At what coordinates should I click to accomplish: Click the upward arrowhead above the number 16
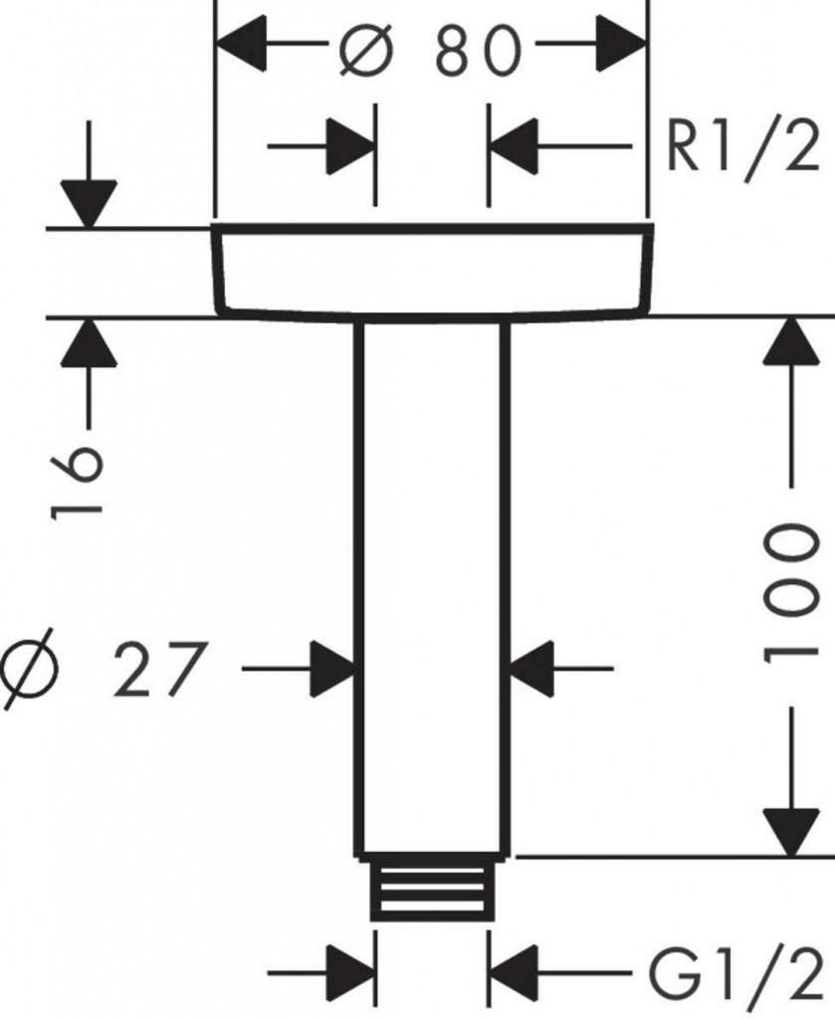[x=89, y=343]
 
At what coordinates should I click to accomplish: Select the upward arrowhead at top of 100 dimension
[x=792, y=343]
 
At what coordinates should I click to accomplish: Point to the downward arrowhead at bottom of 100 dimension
[x=792, y=831]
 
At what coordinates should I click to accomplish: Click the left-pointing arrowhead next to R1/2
[x=513, y=150]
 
